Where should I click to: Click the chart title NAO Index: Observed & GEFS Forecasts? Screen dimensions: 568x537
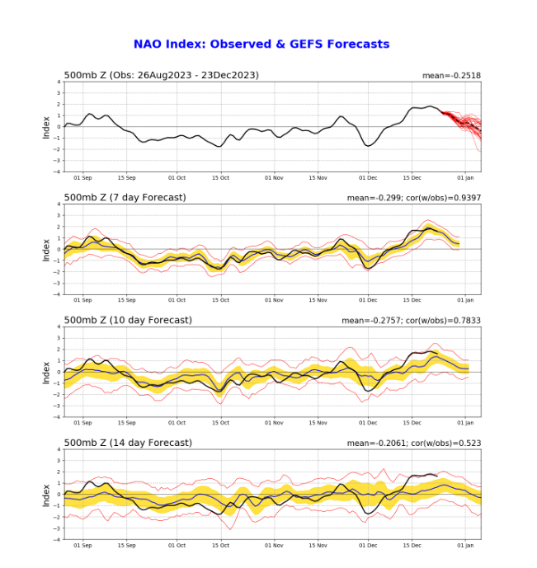(261, 45)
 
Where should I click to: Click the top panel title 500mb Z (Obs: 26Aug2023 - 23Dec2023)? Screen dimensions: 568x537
(161, 75)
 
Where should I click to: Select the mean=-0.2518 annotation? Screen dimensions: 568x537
(451, 76)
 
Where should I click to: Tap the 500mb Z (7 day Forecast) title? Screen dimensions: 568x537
(125, 197)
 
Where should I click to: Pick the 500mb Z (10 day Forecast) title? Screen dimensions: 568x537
(128, 320)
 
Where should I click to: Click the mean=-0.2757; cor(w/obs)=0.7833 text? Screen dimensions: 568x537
(411, 321)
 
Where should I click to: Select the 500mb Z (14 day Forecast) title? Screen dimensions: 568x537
(128, 443)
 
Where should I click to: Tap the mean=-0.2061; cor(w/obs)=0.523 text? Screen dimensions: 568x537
(413, 444)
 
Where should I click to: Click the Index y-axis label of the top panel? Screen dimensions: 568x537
(46, 126)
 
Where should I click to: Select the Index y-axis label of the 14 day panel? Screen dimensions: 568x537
(46, 495)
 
